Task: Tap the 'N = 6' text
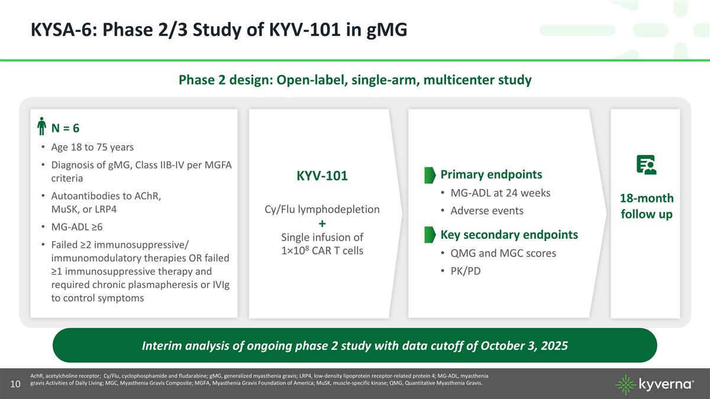click(67, 128)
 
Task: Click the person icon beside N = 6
click(41, 128)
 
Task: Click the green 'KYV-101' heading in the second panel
click(322, 176)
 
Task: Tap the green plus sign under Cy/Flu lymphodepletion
click(322, 224)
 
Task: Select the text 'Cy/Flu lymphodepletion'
click(322, 210)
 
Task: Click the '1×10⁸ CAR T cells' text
click(322, 250)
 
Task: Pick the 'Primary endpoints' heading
click(491, 174)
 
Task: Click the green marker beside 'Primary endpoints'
click(429, 174)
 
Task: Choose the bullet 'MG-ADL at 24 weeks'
click(500, 193)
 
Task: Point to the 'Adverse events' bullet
click(486, 211)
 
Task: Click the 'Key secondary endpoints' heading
click(509, 235)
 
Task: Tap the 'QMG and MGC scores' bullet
click(503, 253)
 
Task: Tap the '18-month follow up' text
click(646, 206)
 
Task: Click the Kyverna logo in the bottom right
click(655, 384)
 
